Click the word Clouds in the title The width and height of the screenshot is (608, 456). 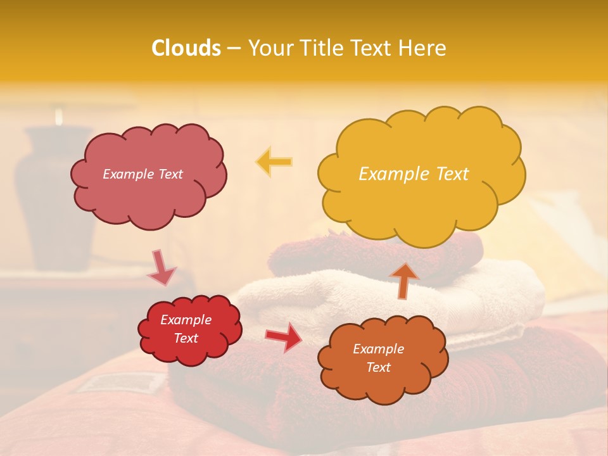(x=186, y=48)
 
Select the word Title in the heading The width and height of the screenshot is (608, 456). (x=318, y=48)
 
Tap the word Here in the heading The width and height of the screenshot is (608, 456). (x=424, y=48)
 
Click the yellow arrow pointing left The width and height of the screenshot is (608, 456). (x=274, y=162)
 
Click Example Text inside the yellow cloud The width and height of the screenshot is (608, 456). (x=414, y=174)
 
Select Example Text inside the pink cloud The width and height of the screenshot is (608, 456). (x=142, y=174)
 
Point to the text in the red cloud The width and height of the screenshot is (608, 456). (x=186, y=329)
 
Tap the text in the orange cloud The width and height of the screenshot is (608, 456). (x=378, y=358)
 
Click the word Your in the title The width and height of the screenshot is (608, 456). (x=269, y=48)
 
